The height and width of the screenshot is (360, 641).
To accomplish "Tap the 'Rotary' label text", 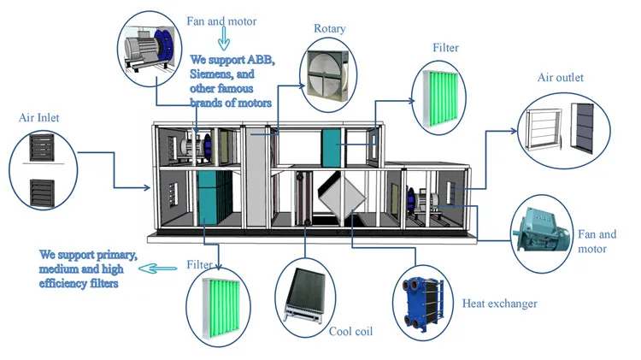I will (329, 29).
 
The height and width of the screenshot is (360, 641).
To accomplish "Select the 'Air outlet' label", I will (560, 78).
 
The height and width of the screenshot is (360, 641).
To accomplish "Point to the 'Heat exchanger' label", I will (500, 303).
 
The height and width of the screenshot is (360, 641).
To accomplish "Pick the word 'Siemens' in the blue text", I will (213, 76).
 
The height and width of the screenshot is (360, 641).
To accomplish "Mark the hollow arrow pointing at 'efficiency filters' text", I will (156, 269).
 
